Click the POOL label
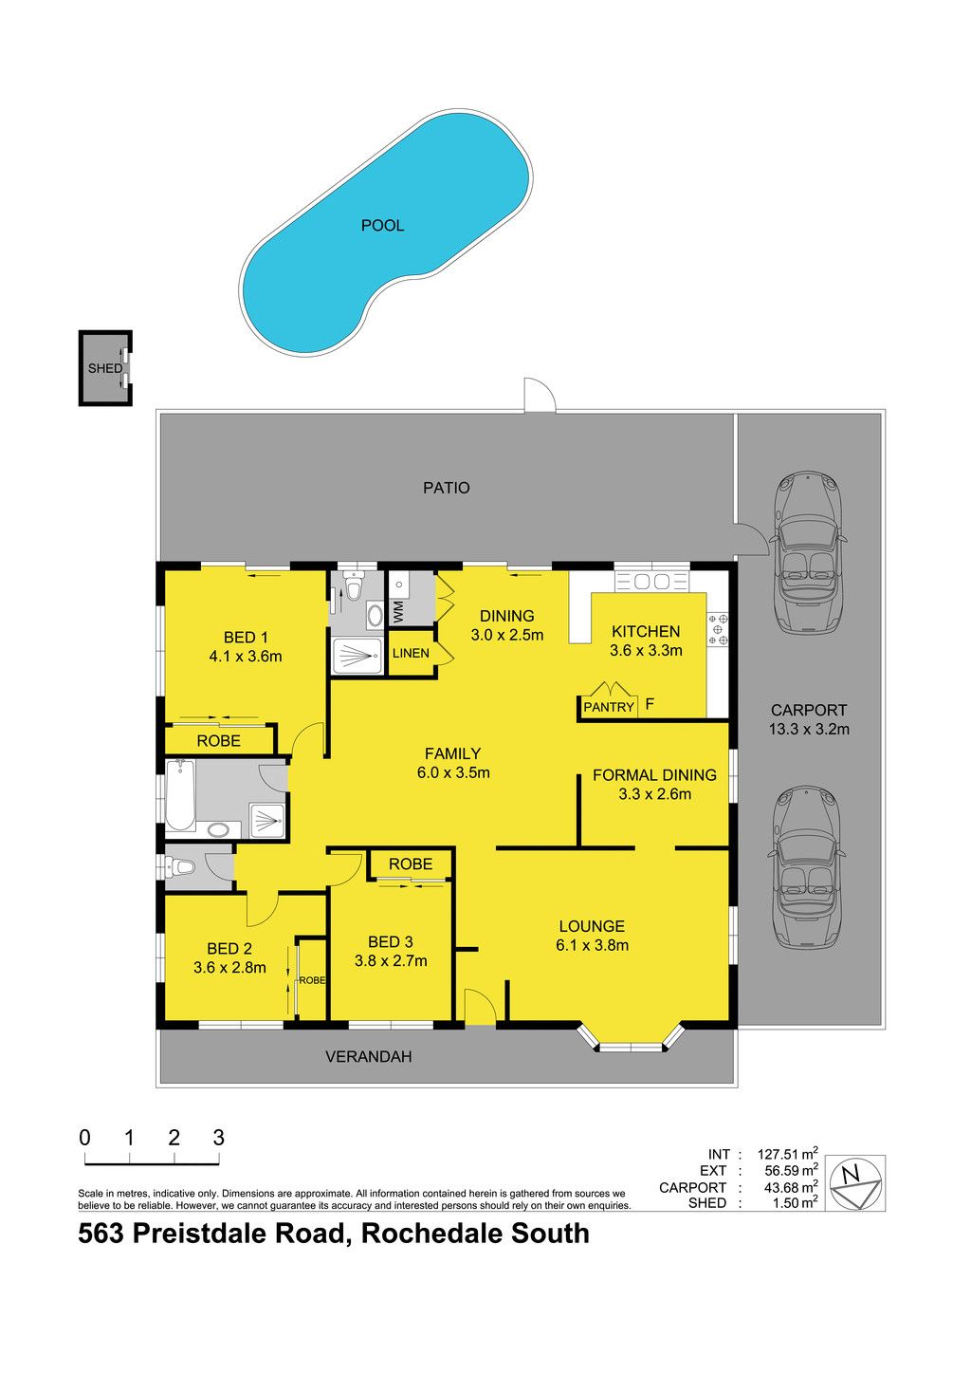(x=382, y=226)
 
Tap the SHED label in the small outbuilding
(x=105, y=369)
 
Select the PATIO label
(x=447, y=488)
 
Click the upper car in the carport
(x=807, y=552)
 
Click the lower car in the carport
(x=807, y=867)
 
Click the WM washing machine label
(x=398, y=612)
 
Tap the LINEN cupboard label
(x=411, y=653)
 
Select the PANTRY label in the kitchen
(x=608, y=707)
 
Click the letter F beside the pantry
(x=650, y=703)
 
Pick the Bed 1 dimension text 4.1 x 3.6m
(x=246, y=657)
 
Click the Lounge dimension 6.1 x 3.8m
(x=592, y=945)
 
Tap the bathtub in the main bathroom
(x=180, y=795)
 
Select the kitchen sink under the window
(x=651, y=581)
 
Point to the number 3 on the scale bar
(x=219, y=1138)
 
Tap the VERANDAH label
(x=369, y=1056)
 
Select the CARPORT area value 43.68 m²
(x=791, y=1187)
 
